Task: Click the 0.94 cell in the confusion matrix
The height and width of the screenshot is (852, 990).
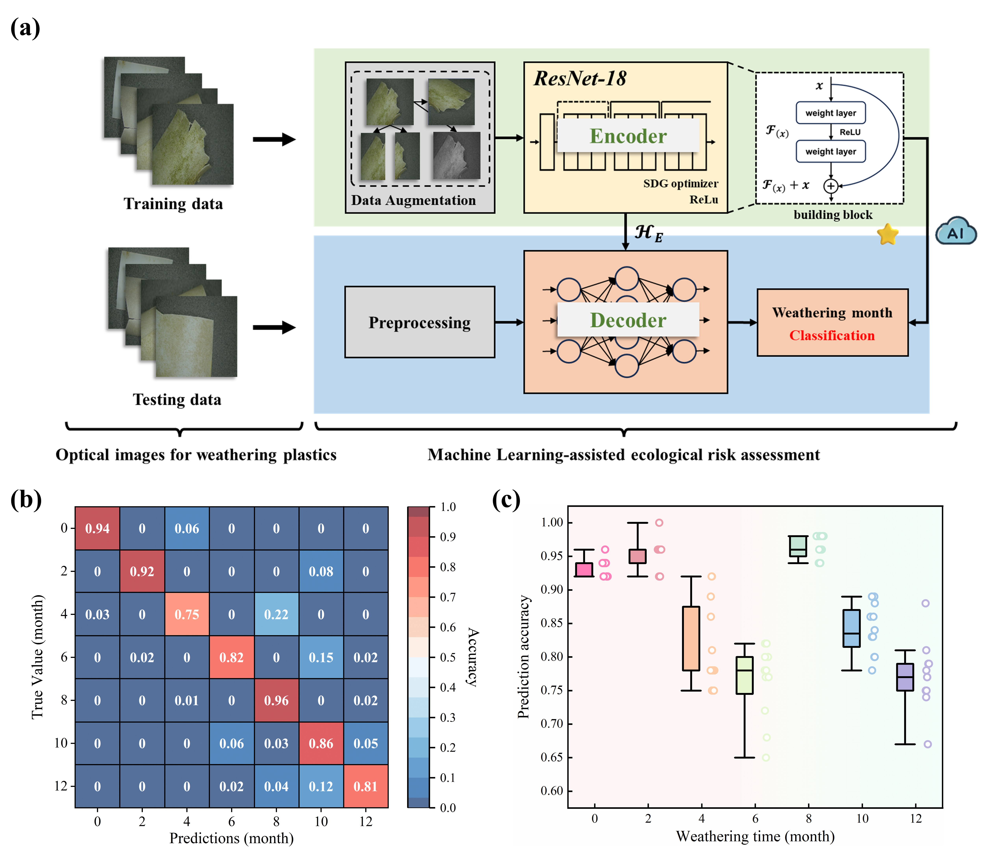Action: coord(97,528)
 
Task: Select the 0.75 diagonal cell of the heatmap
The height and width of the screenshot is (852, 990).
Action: coord(187,614)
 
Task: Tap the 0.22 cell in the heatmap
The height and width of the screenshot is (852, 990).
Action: coord(276,614)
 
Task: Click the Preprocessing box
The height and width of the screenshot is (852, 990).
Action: coord(420,322)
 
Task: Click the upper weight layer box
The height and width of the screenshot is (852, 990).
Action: coord(831,113)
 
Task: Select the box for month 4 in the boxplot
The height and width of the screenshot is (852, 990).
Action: coord(691,638)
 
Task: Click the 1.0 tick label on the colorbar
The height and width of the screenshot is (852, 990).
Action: coord(448,507)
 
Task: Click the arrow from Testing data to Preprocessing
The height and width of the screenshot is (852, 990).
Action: coord(274,327)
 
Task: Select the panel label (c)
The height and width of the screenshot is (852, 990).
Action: coord(506,500)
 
